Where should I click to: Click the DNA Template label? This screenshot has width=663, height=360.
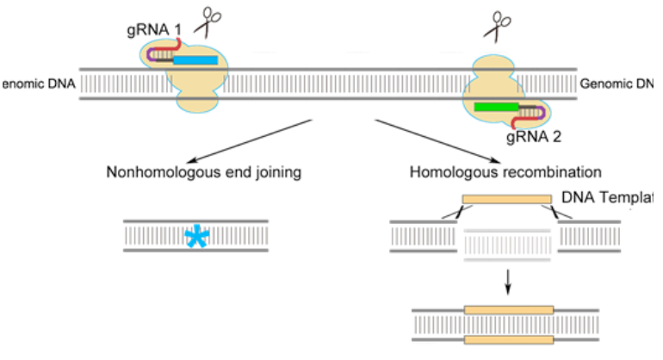click(606, 198)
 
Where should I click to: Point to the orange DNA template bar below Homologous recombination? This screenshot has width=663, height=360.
click(506, 199)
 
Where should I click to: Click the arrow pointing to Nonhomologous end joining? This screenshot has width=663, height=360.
click(246, 140)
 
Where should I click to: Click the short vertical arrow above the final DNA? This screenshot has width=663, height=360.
click(507, 280)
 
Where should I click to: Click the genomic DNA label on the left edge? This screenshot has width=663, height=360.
click(36, 84)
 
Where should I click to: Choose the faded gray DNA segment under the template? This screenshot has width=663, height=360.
click(507, 245)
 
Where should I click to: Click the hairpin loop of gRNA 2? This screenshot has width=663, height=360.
click(542, 111)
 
